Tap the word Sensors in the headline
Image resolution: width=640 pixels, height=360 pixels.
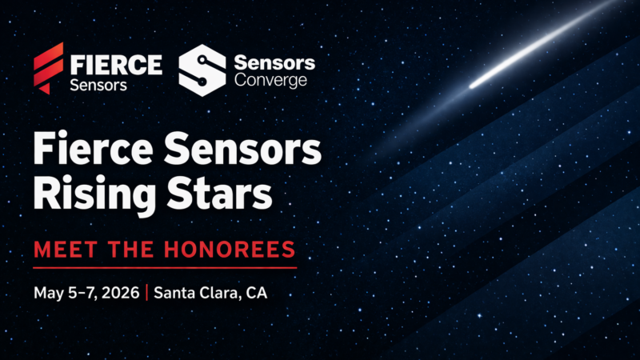pyautogui.click(x=242, y=151)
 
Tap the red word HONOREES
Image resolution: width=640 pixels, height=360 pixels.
pyautogui.click(x=227, y=249)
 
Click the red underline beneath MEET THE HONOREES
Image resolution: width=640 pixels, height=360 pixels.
pyautogui.click(x=165, y=267)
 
